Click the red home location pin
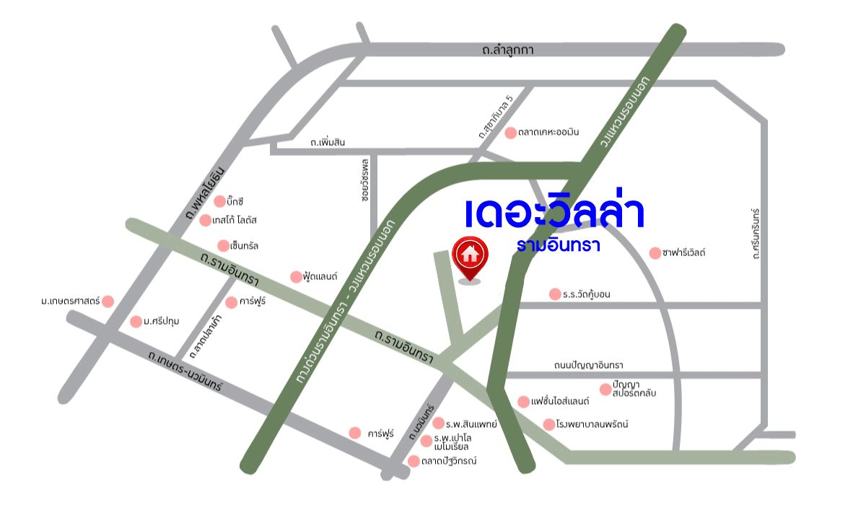pos(470,255)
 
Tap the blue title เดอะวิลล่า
pos(554,212)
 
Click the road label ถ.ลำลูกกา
pos(508,50)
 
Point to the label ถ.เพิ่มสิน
pos(328,142)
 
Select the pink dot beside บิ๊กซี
pos(220,201)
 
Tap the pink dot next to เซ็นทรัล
pos(224,246)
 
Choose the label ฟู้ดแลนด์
pos(321,276)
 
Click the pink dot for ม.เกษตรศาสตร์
pos(108,301)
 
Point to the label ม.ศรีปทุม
pos(162,322)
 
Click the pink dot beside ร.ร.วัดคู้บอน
pos(555,294)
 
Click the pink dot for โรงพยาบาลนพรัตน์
pos(549,424)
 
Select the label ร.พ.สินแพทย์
pos(472,423)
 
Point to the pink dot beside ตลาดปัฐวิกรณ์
pos(414,461)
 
